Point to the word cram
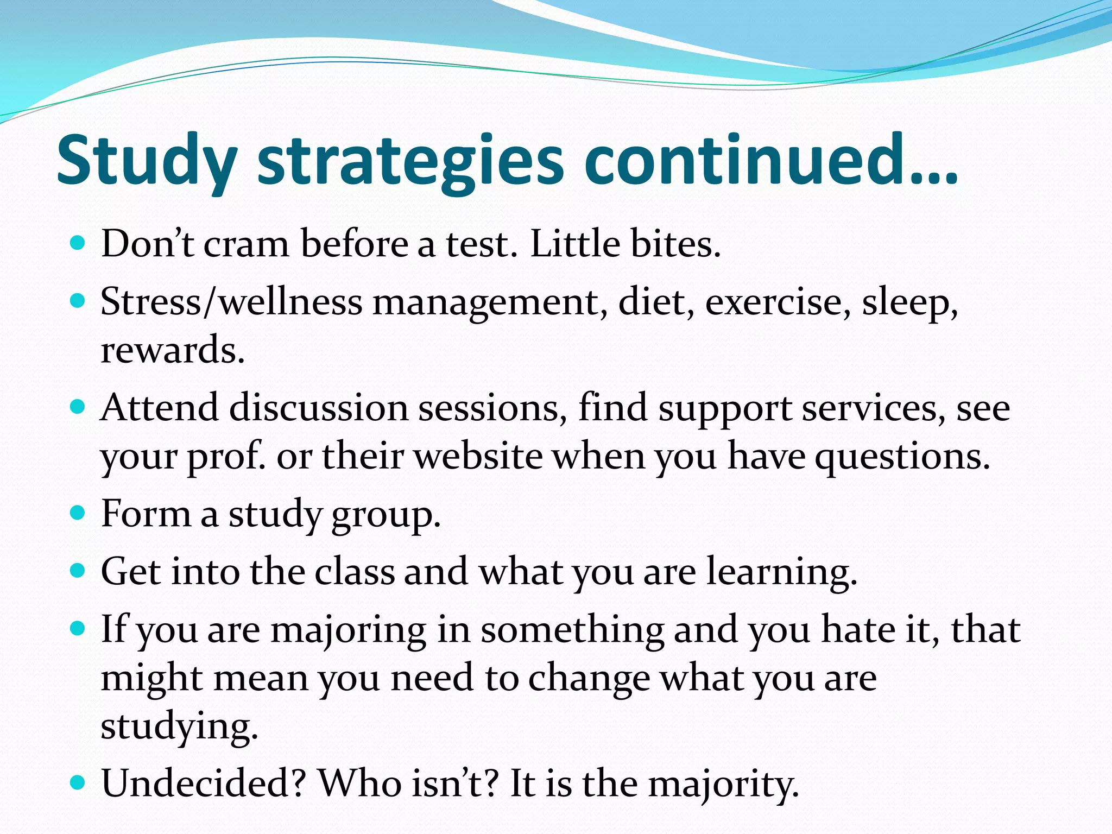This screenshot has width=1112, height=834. pos(246,244)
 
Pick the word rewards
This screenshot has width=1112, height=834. pos(173,350)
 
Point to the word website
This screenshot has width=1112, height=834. pos(478,456)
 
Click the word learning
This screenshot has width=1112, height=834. pos(781,573)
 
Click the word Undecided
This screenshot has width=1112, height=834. pos(204,784)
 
